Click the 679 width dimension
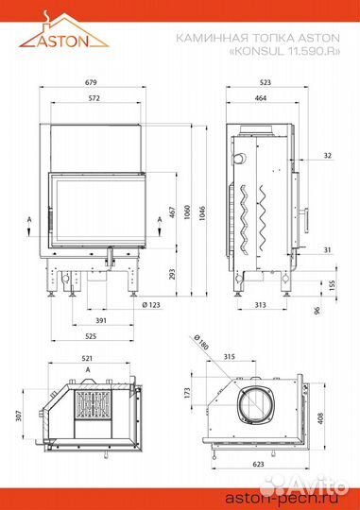(x=91, y=82)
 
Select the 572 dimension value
(x=94, y=98)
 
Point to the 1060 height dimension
(x=187, y=212)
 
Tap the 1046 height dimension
(x=202, y=213)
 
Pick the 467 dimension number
(x=173, y=212)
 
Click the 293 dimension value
(x=173, y=274)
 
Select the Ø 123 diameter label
(x=151, y=305)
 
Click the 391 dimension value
(x=101, y=320)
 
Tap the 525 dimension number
(x=91, y=336)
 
